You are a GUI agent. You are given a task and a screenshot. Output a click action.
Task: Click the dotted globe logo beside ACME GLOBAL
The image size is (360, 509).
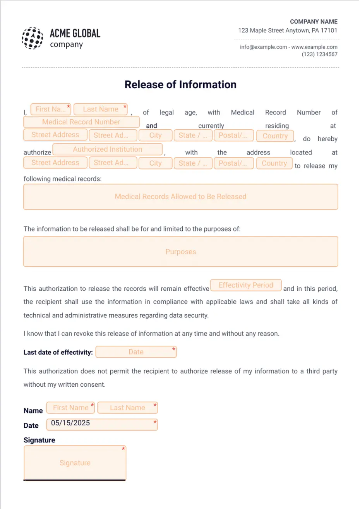(32, 38)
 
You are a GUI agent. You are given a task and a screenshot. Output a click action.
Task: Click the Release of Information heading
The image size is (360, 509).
(180, 85)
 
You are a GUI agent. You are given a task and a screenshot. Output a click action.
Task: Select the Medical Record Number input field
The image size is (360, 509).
(81, 122)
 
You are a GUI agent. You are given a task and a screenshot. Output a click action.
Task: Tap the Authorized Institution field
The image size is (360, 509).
(108, 149)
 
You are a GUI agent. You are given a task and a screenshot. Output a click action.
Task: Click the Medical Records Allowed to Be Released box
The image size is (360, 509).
(180, 197)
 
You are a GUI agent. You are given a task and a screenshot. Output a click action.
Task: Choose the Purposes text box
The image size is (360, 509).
(180, 252)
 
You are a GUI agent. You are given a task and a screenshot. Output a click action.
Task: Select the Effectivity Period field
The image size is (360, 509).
(246, 285)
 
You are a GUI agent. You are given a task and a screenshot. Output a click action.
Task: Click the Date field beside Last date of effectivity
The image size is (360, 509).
(136, 352)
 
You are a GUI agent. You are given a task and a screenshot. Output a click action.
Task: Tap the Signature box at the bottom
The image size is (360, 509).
(75, 463)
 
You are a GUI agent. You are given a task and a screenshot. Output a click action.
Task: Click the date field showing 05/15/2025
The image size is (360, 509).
(102, 423)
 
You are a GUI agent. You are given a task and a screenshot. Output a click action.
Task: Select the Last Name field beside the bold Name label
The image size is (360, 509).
(127, 408)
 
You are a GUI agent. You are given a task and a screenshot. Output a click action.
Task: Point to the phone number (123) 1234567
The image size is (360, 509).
(319, 55)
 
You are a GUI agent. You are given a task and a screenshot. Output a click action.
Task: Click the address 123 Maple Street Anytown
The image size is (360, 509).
(288, 31)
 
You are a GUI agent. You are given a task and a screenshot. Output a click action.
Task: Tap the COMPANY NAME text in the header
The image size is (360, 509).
(314, 22)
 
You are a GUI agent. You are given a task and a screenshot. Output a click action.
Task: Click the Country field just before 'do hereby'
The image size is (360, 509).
(275, 136)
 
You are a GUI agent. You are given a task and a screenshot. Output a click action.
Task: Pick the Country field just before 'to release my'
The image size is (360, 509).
(274, 163)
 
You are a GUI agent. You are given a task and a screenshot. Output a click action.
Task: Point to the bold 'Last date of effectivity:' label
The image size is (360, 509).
(58, 352)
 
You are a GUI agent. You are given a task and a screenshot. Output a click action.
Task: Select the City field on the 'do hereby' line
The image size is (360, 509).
(155, 135)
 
